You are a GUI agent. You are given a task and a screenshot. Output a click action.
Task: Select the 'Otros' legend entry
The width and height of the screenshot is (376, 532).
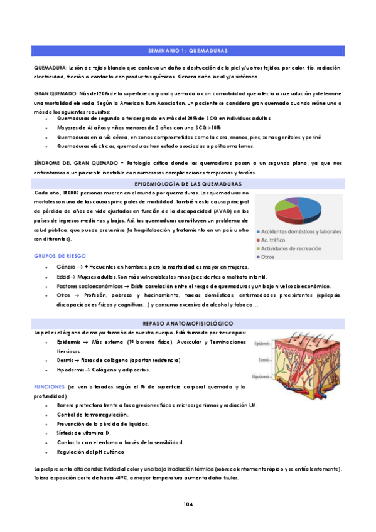(272, 257)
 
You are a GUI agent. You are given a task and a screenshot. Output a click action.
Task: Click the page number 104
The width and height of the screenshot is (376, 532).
(188, 504)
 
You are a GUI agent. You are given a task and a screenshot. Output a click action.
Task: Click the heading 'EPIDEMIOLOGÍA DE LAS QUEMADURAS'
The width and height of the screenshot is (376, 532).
(188, 183)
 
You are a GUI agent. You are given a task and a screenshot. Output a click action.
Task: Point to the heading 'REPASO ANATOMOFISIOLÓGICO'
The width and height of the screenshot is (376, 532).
(188, 323)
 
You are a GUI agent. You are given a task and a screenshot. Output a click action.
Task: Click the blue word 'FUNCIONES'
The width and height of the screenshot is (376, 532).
(49, 387)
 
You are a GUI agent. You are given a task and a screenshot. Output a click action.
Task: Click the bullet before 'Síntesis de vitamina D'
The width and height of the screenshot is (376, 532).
(48, 433)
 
